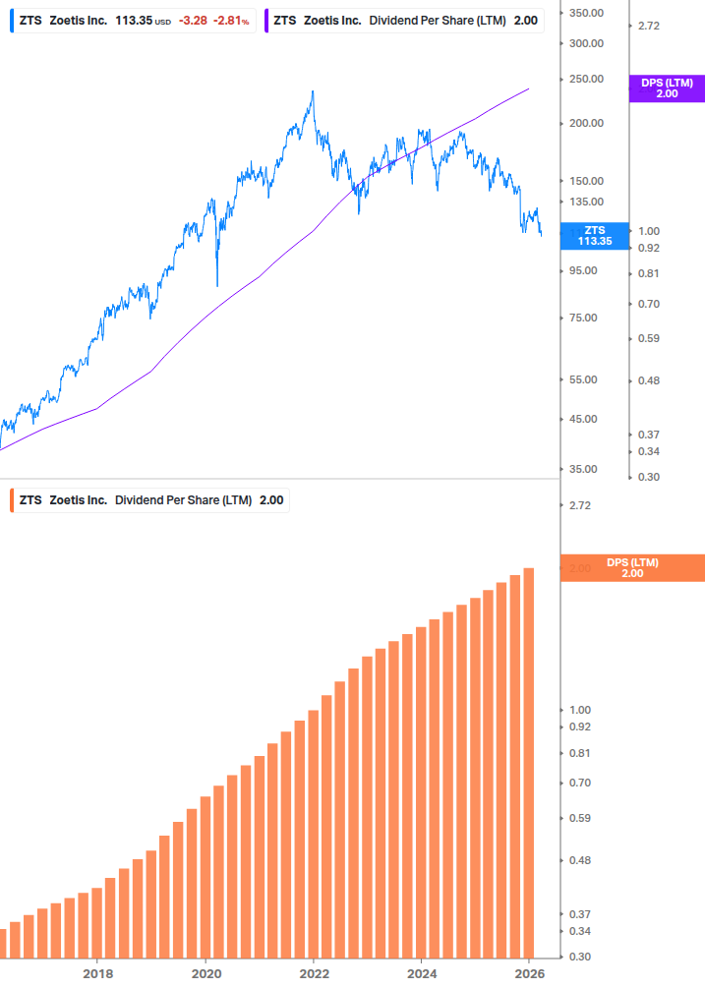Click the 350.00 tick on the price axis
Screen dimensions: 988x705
click(x=585, y=13)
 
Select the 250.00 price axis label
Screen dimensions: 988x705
click(x=585, y=79)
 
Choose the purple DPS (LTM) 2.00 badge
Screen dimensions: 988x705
click(x=666, y=88)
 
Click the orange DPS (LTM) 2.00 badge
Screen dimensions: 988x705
click(x=631, y=568)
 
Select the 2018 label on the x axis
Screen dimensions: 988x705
click(x=97, y=973)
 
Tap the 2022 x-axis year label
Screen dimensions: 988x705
click(x=314, y=973)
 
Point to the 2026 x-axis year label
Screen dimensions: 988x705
click(x=529, y=973)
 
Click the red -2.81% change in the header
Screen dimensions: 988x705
click(x=231, y=20)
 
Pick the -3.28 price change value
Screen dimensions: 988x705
click(x=193, y=20)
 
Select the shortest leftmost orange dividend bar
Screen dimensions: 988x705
click(x=2, y=944)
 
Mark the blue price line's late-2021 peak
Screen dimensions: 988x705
click(x=313, y=91)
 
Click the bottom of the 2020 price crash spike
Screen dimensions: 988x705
click(x=216, y=286)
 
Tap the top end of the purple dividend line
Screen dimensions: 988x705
click(x=529, y=88)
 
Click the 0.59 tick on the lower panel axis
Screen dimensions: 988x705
click(x=580, y=818)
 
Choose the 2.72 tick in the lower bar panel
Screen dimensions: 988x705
click(x=579, y=505)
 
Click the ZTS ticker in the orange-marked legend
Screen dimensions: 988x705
click(x=30, y=499)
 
